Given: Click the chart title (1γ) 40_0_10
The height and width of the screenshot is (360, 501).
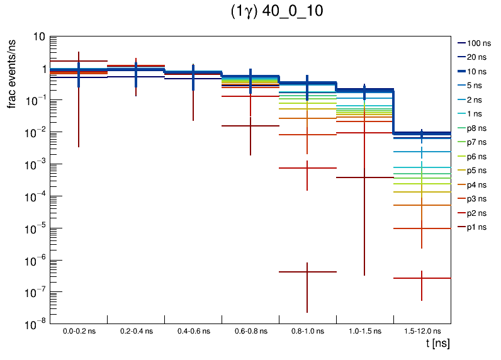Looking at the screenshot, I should coord(276,13).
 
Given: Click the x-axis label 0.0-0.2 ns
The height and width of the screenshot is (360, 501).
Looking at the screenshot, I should coord(79,331).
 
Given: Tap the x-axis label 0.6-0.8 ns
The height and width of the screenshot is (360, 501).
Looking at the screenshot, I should coord(250,331).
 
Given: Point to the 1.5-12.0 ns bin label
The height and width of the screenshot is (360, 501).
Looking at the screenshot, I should coord(421,331).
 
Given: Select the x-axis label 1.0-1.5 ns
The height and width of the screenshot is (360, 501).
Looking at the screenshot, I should coord(364,331).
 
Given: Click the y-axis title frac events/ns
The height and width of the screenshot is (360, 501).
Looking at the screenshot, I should coord(12,72).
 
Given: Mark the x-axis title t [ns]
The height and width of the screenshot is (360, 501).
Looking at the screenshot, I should coord(437,344).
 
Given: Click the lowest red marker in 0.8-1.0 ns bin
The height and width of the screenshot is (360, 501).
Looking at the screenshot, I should coord(307,272).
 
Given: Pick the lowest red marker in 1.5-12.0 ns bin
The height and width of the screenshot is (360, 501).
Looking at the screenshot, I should coord(422,278).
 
